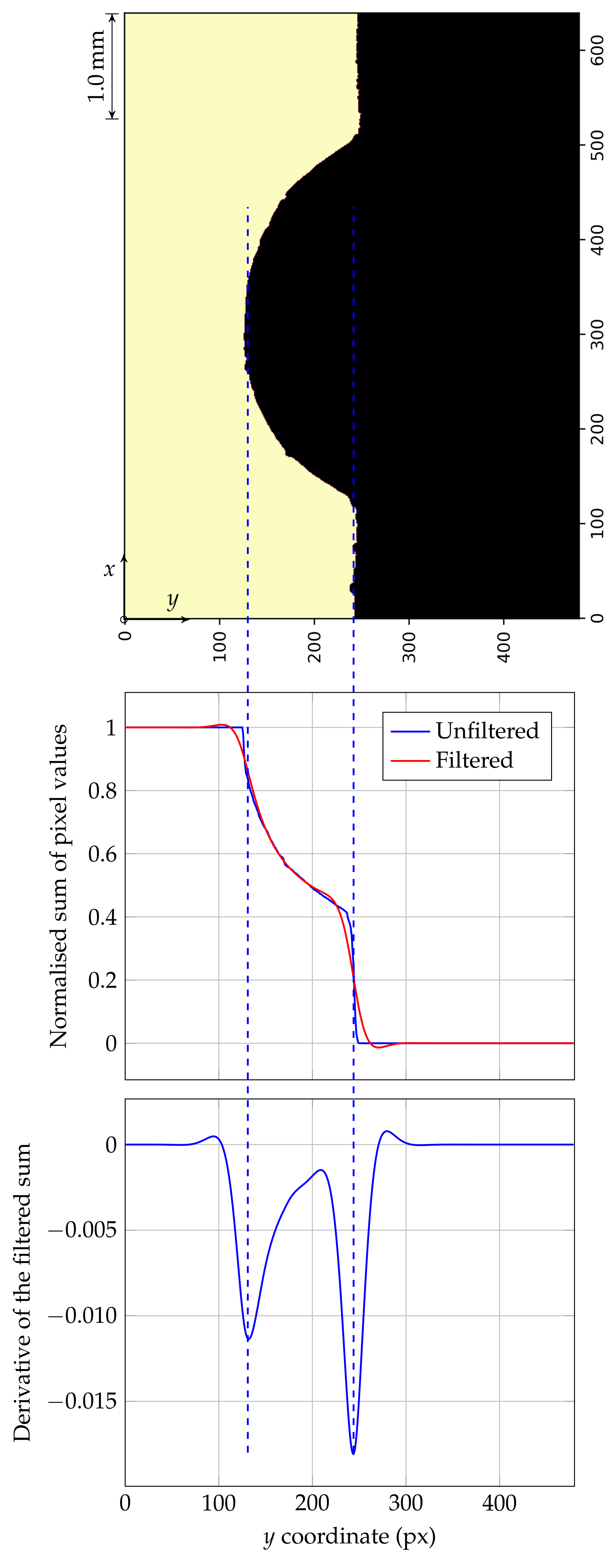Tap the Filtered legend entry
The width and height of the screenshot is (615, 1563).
474,760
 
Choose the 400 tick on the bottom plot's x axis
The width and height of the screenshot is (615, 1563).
499,1504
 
